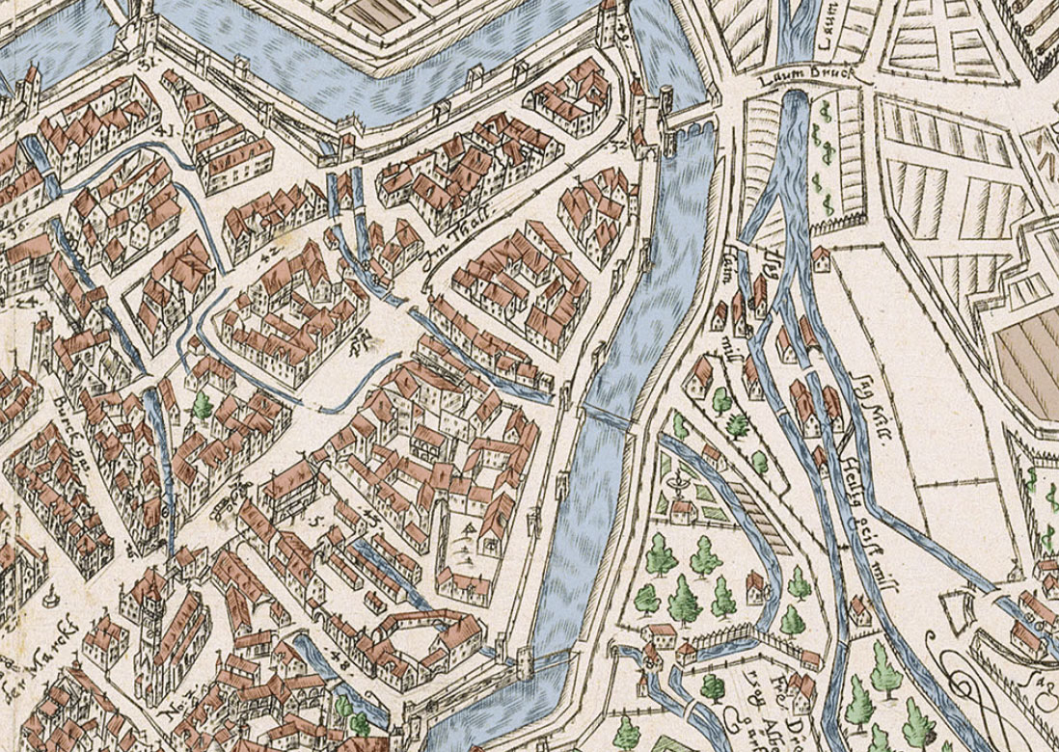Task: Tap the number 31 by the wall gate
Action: (x=147, y=66)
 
